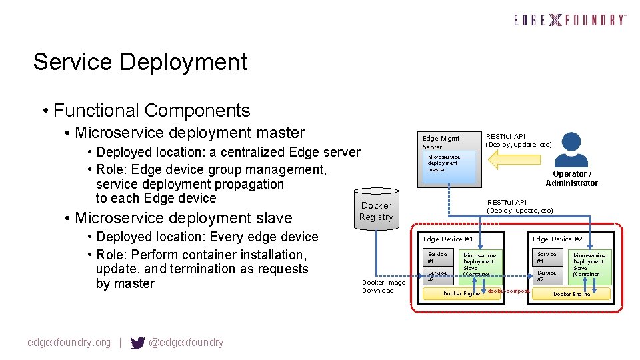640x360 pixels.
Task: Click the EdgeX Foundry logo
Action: (x=570, y=20)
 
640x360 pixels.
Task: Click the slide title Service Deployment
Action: (x=140, y=62)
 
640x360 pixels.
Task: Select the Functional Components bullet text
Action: (x=151, y=111)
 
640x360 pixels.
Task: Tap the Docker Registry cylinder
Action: (x=376, y=209)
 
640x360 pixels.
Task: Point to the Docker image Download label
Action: (x=378, y=286)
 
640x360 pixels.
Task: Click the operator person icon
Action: (x=571, y=149)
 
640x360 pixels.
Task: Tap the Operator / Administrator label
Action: (x=571, y=179)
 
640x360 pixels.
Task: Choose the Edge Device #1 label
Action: (x=448, y=239)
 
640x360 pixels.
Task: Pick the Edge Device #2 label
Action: (x=557, y=239)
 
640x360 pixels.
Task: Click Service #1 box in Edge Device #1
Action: (x=438, y=258)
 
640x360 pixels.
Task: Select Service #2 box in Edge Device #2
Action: (x=547, y=276)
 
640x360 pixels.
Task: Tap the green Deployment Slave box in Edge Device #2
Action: (x=589, y=266)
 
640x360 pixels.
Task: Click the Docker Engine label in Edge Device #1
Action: (x=461, y=293)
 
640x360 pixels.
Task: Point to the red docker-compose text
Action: (x=508, y=291)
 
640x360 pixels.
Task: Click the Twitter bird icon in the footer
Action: (x=137, y=343)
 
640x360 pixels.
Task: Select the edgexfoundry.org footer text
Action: (x=69, y=343)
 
